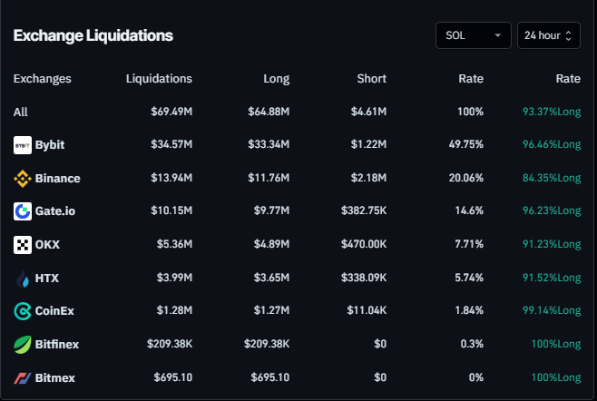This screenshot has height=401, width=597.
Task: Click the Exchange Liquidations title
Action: [x=93, y=35]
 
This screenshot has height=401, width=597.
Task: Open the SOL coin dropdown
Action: [x=473, y=35]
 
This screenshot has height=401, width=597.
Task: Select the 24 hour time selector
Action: [x=549, y=35]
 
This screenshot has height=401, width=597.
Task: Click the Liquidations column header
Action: [x=159, y=79]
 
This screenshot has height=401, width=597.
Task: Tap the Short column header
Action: [x=372, y=79]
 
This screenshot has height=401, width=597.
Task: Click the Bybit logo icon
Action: [x=23, y=145]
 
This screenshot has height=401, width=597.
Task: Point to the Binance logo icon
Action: [x=23, y=179]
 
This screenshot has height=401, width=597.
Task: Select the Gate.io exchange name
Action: [x=54, y=211]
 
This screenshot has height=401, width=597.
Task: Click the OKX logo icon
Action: [x=23, y=245]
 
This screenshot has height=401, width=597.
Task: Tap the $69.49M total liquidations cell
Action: [x=171, y=112]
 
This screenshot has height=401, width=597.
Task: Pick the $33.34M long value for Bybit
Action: [x=269, y=145]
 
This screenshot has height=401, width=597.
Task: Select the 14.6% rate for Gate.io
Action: [x=467, y=211]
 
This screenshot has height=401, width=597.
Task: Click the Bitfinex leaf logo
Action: [x=23, y=345]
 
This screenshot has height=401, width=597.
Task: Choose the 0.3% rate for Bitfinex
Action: [x=472, y=345]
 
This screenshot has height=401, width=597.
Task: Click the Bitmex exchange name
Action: [x=55, y=377]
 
